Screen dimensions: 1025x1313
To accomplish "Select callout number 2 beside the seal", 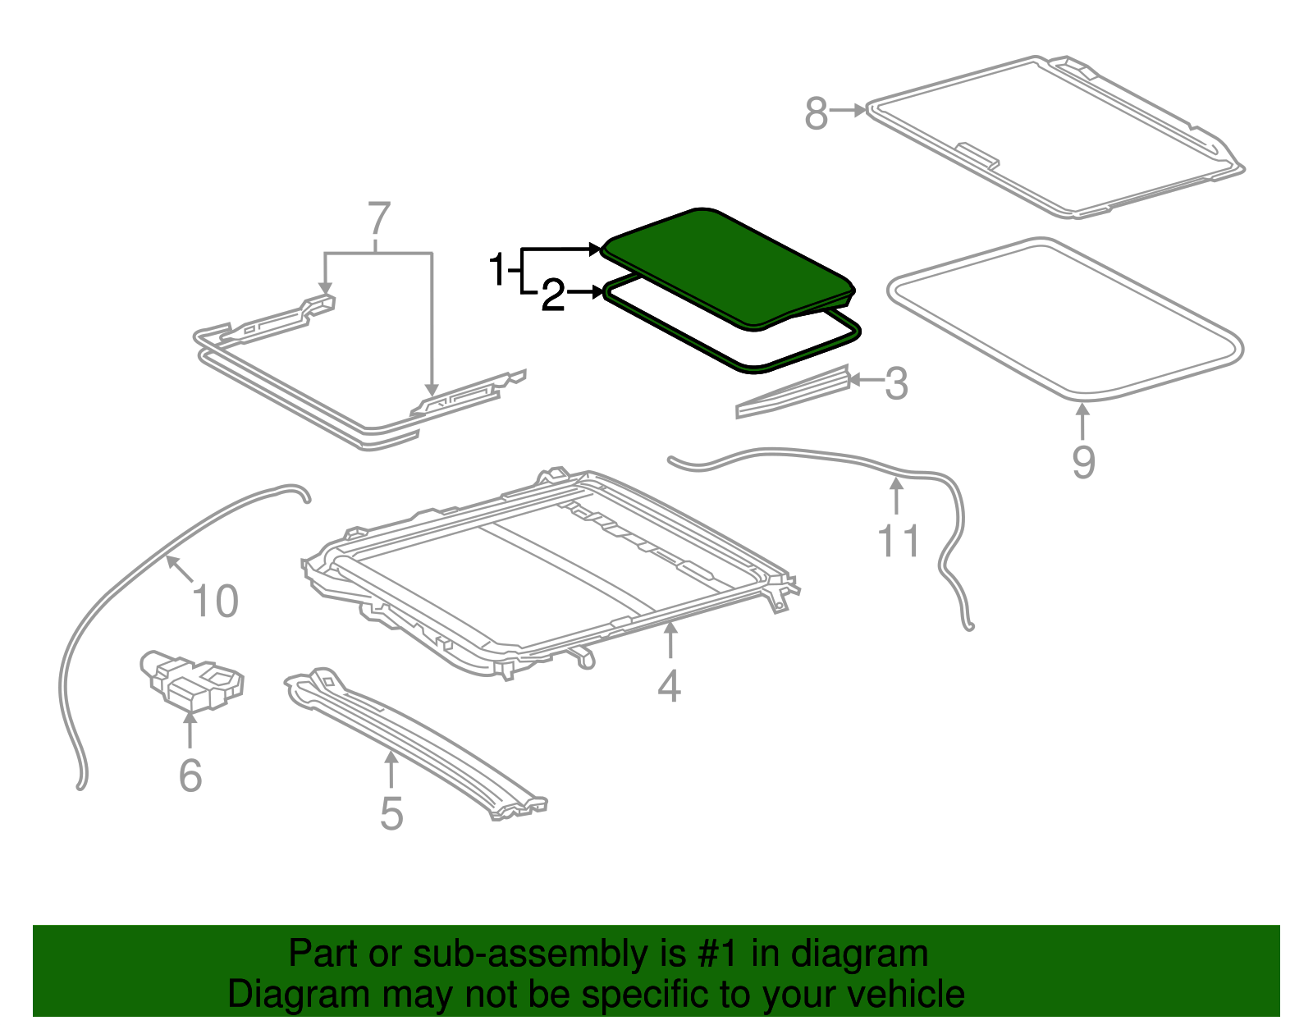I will tap(553, 295).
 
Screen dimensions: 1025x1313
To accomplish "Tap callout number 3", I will tap(896, 383).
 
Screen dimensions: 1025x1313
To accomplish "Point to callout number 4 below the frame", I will tap(669, 686).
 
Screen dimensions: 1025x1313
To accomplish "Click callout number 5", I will tap(391, 813).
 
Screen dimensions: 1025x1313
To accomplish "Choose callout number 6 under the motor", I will tap(190, 775).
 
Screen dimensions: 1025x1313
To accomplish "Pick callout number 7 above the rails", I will tap(377, 220).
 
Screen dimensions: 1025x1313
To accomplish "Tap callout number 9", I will tap(1083, 462).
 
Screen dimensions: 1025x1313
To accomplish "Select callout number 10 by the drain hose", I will tap(215, 601).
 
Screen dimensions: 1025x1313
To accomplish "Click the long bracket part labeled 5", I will tap(410, 739).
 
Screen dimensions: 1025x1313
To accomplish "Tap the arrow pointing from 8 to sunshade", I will tap(848, 109).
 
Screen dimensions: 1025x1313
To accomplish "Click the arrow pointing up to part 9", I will tap(1083, 423).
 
